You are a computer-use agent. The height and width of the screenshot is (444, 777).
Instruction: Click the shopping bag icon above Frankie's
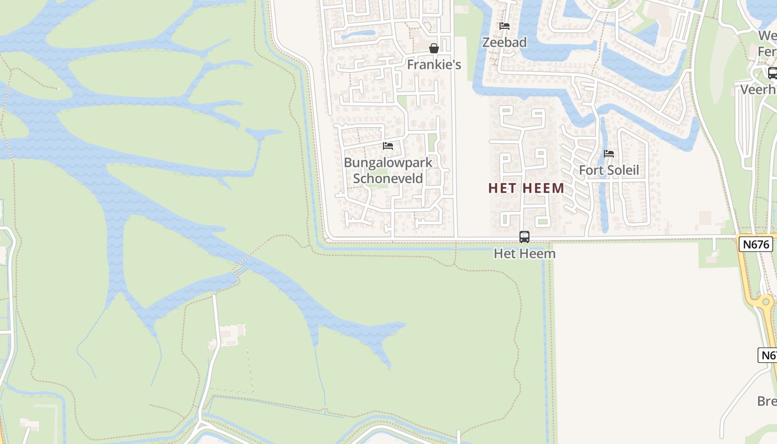click(x=434, y=49)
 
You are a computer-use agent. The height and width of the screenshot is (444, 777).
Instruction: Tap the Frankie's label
click(x=434, y=64)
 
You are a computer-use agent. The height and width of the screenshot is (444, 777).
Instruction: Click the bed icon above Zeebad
click(x=504, y=26)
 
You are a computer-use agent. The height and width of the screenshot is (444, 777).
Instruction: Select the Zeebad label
click(x=504, y=42)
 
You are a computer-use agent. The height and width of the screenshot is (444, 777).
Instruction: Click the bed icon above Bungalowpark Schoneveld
click(x=388, y=146)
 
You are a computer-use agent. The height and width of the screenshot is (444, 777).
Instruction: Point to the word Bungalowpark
click(x=388, y=163)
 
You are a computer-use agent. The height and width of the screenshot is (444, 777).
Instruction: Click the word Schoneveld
click(x=388, y=178)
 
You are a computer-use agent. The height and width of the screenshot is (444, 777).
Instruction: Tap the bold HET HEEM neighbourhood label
click(x=526, y=188)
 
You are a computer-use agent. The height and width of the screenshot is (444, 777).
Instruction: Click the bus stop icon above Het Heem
click(x=524, y=237)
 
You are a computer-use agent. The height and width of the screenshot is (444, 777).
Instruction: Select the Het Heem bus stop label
click(x=524, y=254)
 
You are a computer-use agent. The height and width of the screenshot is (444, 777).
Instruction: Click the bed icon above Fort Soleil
click(x=609, y=154)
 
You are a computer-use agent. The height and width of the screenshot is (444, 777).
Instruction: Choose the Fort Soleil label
click(x=609, y=170)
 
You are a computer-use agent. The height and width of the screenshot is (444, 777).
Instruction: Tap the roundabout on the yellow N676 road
click(x=766, y=302)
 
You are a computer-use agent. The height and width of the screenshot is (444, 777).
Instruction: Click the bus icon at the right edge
click(x=772, y=73)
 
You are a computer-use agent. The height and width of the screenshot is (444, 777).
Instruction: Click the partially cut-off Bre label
click(x=767, y=401)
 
